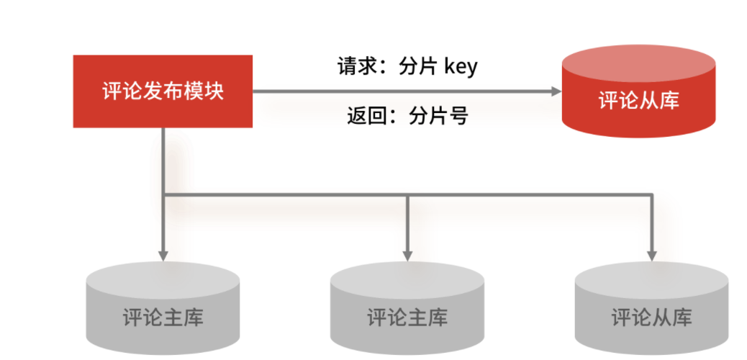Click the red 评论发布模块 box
coord(163,91)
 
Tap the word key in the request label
coord(461,67)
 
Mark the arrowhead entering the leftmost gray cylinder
coord(163,254)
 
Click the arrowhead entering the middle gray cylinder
coord(407,254)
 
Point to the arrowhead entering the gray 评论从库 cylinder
coord(652,254)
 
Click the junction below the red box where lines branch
coord(164,194)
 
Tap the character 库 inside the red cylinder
coord(669,101)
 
